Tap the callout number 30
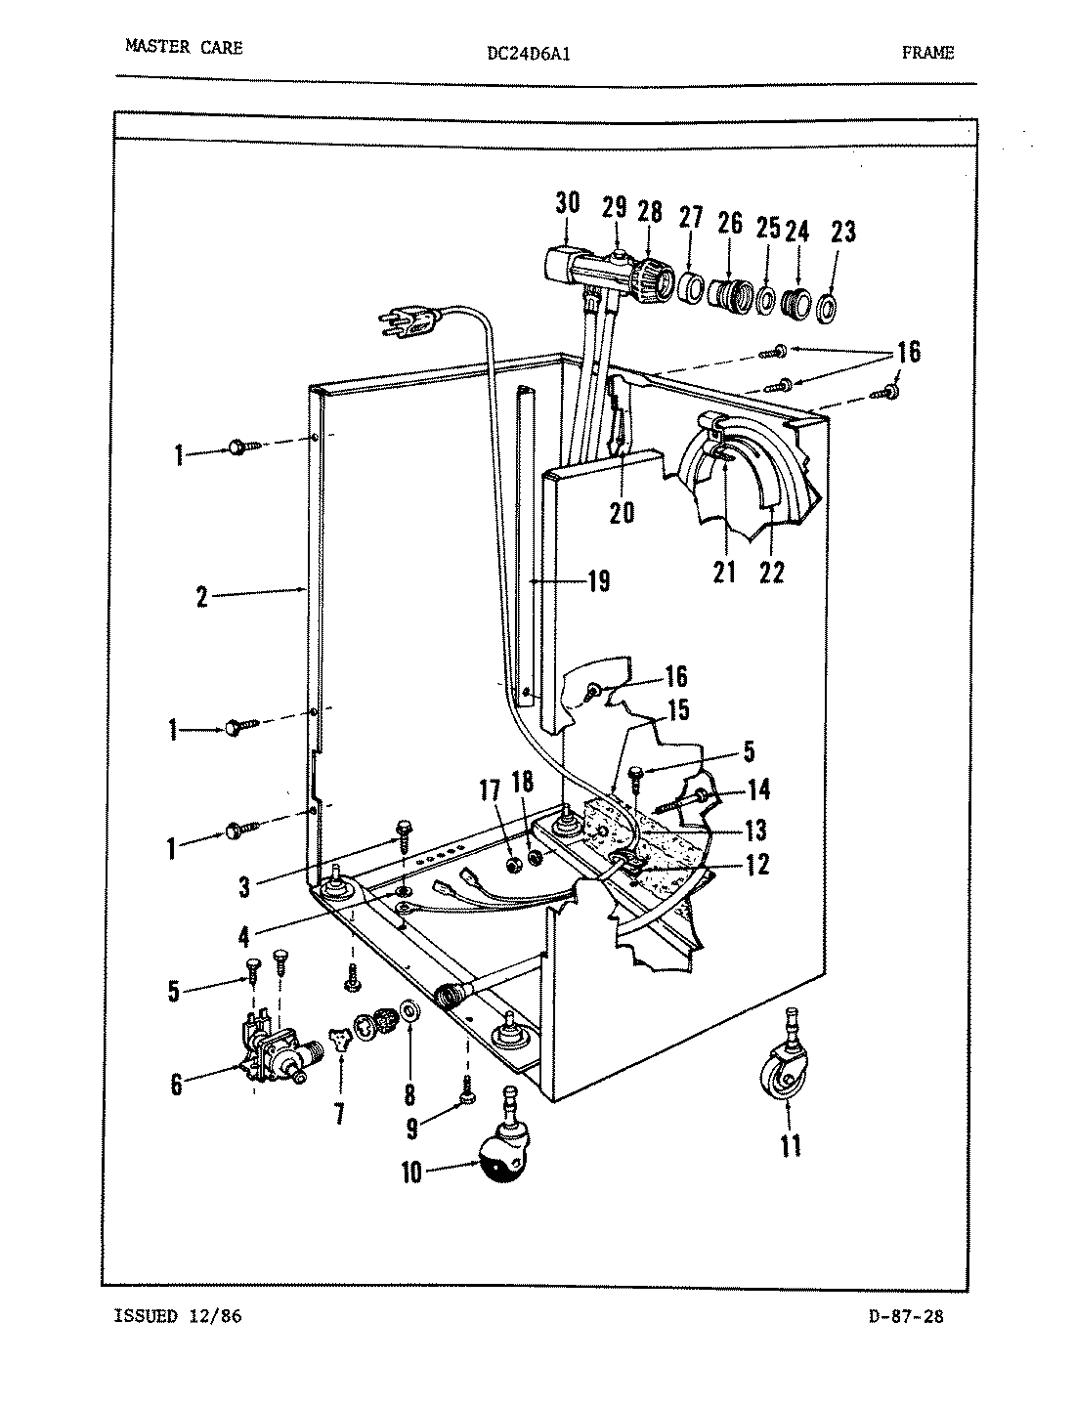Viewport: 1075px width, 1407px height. (567, 203)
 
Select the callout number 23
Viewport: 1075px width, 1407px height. (842, 232)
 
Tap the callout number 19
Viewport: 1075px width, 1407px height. (598, 582)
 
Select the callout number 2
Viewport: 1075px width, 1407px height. (201, 596)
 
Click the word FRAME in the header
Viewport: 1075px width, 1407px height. (927, 53)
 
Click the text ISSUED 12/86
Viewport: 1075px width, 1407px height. (178, 1316)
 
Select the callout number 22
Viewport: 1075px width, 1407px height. (771, 572)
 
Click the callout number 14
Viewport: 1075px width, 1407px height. (758, 789)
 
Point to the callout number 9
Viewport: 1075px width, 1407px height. (412, 1129)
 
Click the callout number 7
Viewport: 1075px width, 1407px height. (339, 1113)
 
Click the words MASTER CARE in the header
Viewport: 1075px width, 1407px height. (184, 46)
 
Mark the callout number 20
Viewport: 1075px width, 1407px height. (622, 512)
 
